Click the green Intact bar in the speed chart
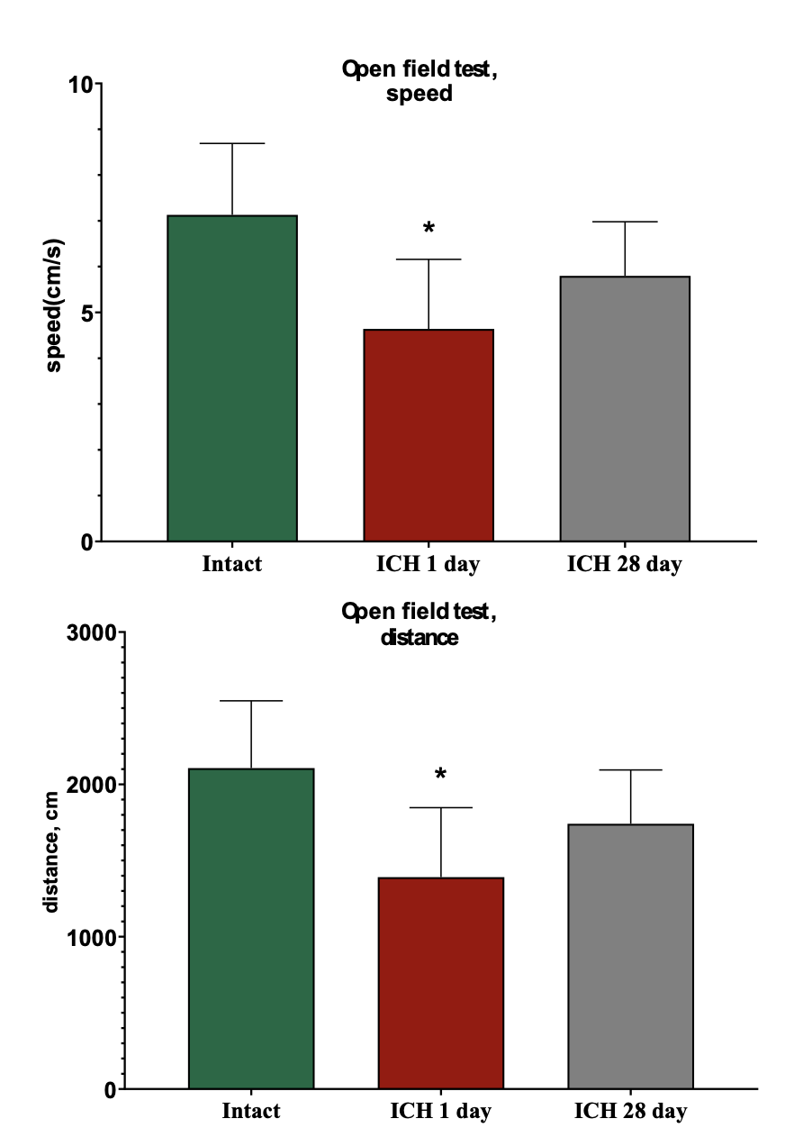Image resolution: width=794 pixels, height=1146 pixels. click(x=232, y=378)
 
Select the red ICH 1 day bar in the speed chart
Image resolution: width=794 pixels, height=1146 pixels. click(x=429, y=435)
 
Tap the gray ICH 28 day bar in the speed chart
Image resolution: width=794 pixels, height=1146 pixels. click(x=625, y=408)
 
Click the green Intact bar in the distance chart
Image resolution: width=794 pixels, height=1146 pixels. click(x=251, y=928)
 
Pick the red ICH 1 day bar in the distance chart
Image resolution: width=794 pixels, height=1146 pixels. click(x=441, y=983)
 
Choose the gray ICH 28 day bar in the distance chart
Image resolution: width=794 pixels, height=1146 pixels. click(x=630, y=956)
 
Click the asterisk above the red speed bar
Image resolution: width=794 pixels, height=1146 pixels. click(x=429, y=228)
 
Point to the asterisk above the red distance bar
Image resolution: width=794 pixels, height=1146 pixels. click(x=441, y=775)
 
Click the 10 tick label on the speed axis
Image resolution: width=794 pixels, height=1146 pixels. click(x=82, y=85)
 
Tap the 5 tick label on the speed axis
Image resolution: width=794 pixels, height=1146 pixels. click(x=87, y=314)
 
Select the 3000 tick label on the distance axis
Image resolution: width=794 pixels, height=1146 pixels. click(x=92, y=632)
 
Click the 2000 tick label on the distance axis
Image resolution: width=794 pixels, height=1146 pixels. click(x=92, y=785)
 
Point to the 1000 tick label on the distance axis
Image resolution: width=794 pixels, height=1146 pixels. click(x=92, y=937)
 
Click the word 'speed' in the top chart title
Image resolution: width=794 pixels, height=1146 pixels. click(x=419, y=94)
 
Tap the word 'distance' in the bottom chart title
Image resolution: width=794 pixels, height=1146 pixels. click(x=420, y=638)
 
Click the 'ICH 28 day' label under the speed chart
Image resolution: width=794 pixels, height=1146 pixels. click(x=625, y=565)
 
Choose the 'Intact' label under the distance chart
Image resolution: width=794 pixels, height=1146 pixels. click(x=251, y=1111)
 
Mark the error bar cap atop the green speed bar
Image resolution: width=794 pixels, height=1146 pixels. click(x=232, y=143)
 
